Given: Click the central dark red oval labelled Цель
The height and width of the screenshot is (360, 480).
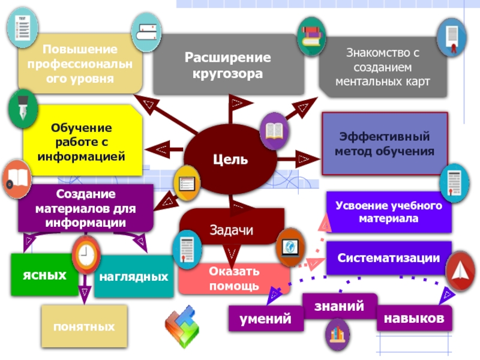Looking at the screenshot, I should [230, 159].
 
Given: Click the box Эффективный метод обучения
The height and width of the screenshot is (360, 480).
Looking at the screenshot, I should [385, 143].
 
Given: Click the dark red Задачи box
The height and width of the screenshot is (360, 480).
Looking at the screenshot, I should [232, 229].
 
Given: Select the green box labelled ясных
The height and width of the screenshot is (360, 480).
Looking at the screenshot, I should [44, 275].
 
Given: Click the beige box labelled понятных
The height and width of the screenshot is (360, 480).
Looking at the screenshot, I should [84, 327].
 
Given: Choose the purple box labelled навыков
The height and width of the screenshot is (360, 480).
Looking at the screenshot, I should [415, 317].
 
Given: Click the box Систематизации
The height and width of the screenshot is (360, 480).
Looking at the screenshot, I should [388, 257].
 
